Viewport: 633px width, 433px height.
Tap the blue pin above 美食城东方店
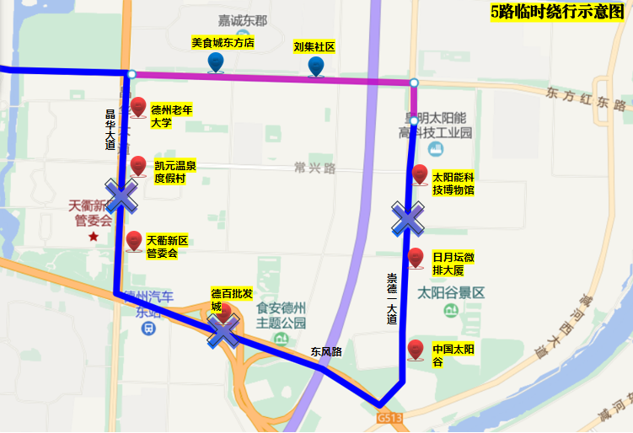pos(216,62)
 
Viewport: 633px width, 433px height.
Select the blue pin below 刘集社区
pos(315,67)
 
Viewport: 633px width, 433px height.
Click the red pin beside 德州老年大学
pos(138,108)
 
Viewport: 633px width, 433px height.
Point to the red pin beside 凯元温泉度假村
pos(138,166)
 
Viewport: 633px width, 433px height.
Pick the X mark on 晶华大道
pos(121,195)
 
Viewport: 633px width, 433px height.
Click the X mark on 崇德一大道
pos(408,218)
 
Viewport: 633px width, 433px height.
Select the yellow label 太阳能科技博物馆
pos(453,184)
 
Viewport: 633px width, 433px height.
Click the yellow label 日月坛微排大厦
pos(453,264)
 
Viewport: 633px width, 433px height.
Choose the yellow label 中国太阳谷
pos(449,355)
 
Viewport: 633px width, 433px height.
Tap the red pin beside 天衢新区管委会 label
pos(134,242)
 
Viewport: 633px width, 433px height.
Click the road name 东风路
pos(325,352)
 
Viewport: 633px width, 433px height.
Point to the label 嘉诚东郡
pos(242,19)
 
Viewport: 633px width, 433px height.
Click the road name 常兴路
pos(315,168)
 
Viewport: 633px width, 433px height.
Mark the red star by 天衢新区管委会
pos(93,237)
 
